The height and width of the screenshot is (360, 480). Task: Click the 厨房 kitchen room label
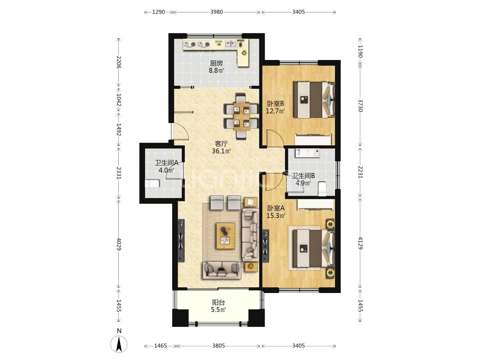tap(216, 63)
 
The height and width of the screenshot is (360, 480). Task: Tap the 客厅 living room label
tap(221, 144)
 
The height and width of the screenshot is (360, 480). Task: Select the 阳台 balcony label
tap(218, 303)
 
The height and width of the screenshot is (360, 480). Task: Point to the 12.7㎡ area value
tap(275, 111)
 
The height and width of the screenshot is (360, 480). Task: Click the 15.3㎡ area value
tap(276, 216)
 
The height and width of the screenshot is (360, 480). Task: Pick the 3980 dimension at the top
tap(216, 12)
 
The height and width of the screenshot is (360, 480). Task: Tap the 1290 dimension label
tap(159, 12)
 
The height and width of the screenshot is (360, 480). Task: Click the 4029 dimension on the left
tap(119, 244)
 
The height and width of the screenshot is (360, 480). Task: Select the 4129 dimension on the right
tap(360, 243)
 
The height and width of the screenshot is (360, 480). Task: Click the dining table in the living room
tap(241, 116)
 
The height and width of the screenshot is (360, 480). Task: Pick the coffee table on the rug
tap(226, 236)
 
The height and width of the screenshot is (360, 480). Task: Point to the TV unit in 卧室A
tap(265, 246)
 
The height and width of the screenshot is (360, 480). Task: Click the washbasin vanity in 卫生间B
tap(307, 153)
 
